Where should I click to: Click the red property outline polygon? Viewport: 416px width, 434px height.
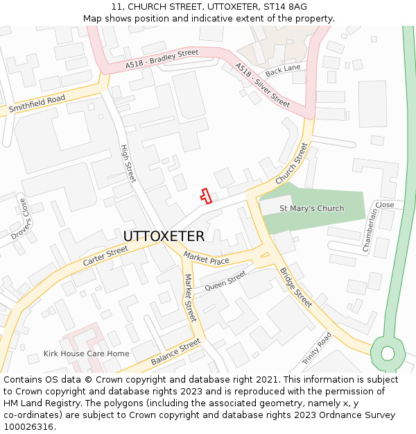point(205,196)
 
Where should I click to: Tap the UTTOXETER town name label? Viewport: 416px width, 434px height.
point(164,236)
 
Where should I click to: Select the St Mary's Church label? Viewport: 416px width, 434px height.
point(311,208)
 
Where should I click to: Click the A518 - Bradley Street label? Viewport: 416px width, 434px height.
point(162,59)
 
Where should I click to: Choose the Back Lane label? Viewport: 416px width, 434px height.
point(283,69)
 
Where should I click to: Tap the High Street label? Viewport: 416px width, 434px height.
point(128,164)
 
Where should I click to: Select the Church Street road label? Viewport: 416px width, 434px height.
point(291,163)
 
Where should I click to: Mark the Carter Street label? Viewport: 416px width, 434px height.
point(105,256)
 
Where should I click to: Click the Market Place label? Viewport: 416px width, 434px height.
point(206,260)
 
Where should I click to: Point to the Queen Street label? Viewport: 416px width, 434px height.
point(225,281)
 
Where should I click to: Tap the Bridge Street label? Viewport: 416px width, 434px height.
point(296,287)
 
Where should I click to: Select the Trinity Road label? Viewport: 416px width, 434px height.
point(317,349)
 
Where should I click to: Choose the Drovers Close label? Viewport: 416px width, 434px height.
point(19,219)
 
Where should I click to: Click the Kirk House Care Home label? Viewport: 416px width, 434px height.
point(86,353)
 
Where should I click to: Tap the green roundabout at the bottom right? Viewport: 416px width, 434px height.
point(388,353)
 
